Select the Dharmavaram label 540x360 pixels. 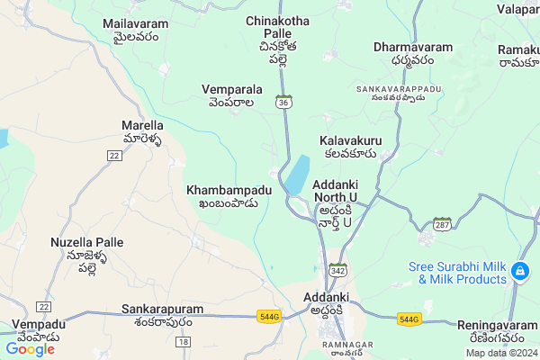(x=413, y=52)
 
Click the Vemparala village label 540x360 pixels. (x=232, y=95)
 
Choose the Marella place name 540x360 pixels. (x=142, y=132)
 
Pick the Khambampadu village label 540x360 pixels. (x=229, y=196)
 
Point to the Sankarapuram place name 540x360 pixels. (x=162, y=315)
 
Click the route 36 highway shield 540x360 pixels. (x=283, y=103)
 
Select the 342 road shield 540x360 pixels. (x=338, y=269)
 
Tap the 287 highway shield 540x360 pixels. (x=442, y=222)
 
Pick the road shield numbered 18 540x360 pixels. (x=183, y=342)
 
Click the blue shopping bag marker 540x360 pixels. (x=519, y=271)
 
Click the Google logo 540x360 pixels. (x=30, y=348)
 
